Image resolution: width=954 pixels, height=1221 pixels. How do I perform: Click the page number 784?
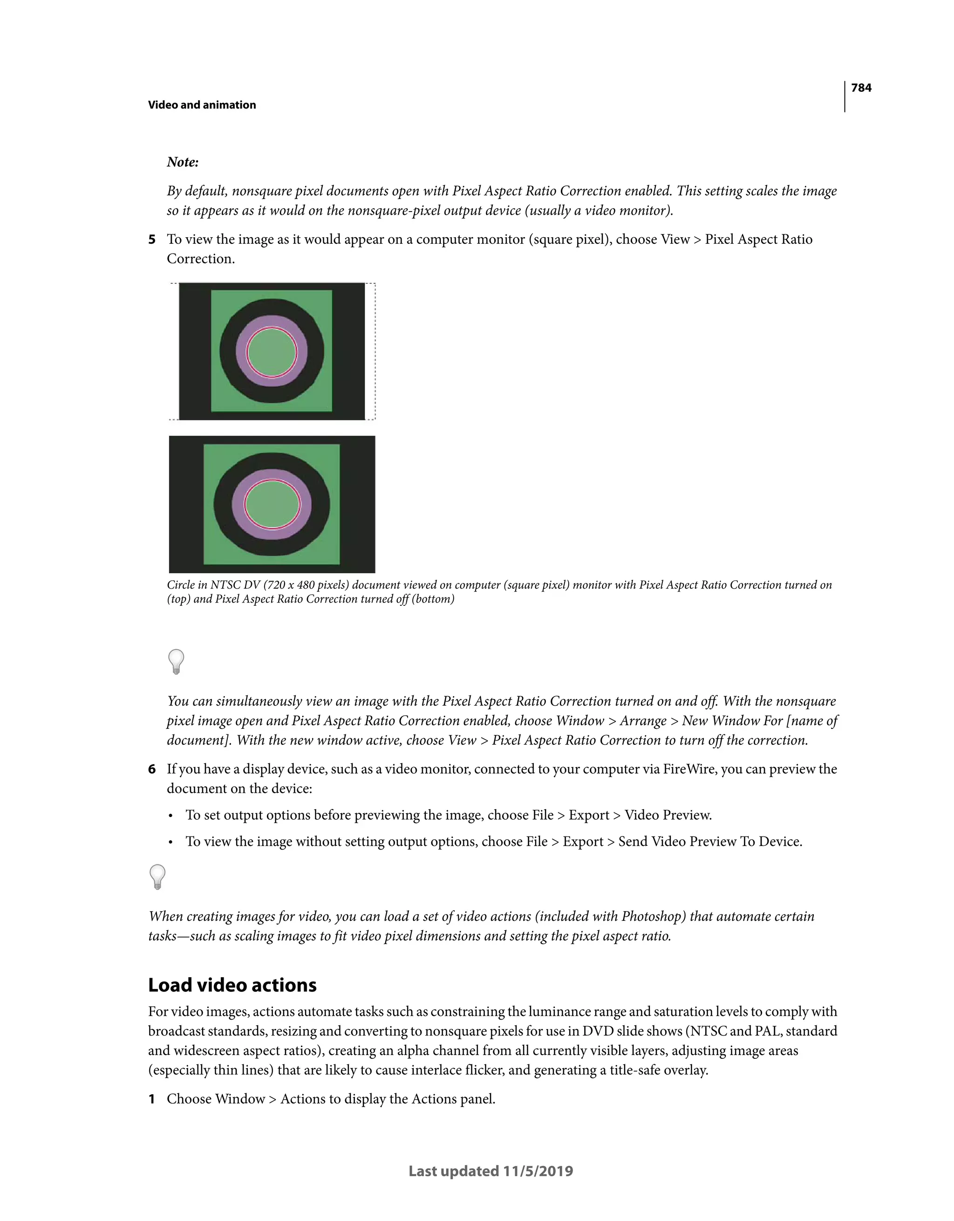(861, 88)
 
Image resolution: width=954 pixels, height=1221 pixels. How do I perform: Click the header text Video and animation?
(202, 105)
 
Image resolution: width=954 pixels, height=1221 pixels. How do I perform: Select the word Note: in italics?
(183, 162)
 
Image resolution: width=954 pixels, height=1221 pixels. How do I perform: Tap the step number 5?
(151, 240)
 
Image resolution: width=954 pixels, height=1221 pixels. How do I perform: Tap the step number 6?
(151, 769)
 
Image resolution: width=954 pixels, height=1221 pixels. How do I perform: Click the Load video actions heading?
(232, 985)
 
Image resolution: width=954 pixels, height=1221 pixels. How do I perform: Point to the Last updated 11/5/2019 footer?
(491, 1171)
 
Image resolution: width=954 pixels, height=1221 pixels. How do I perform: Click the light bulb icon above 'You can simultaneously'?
(176, 661)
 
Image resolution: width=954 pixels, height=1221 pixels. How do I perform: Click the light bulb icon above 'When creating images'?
(157, 877)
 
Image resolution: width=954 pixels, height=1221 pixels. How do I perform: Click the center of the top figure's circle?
(272, 352)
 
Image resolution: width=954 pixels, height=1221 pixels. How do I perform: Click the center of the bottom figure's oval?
(272, 504)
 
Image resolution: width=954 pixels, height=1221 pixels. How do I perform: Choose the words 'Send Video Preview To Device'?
(710, 842)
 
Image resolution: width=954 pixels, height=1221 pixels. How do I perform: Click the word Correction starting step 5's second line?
(200, 259)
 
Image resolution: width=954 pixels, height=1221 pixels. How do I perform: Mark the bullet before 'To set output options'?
(170, 816)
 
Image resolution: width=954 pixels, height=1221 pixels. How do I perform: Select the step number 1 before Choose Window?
(151, 1099)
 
